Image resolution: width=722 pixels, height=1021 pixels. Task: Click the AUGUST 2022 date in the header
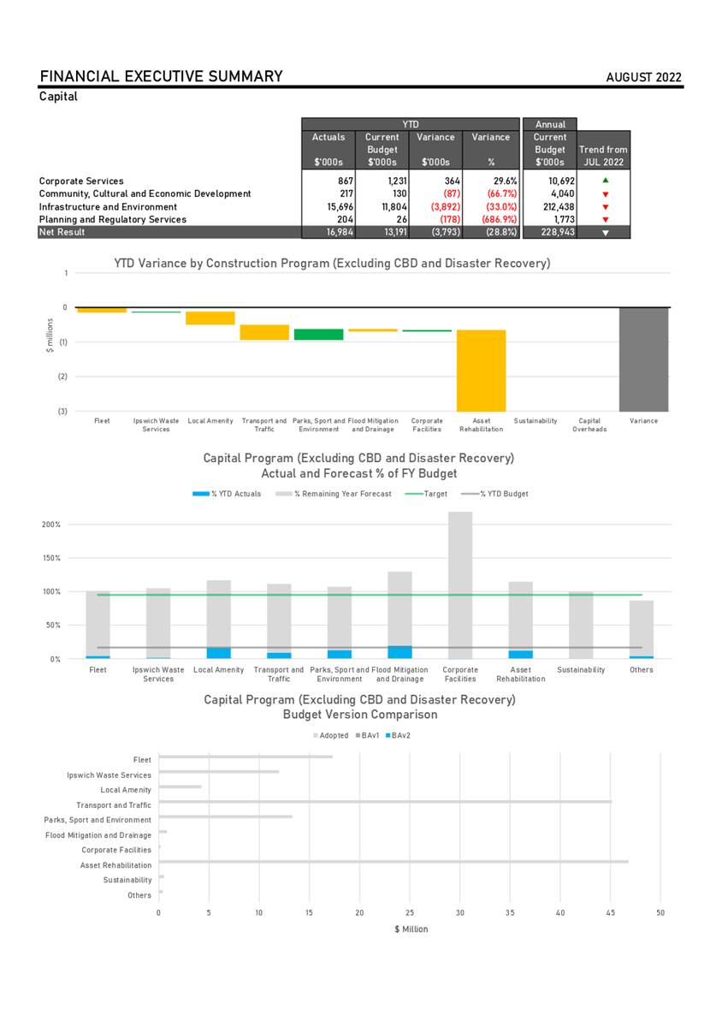tap(643, 78)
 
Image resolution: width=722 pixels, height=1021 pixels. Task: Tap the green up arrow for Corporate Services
tap(605, 181)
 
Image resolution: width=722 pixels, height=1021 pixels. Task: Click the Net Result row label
tap(62, 232)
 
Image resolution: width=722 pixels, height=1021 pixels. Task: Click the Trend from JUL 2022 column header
tap(604, 156)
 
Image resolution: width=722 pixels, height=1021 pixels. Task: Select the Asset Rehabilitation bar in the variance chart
tap(481, 370)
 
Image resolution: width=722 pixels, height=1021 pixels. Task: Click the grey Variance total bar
tap(643, 359)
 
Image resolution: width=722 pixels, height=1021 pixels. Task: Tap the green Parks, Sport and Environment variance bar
tap(318, 334)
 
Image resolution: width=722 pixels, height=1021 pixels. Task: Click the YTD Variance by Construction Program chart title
tap(332, 264)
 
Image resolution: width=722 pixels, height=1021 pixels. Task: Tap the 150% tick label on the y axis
tap(52, 558)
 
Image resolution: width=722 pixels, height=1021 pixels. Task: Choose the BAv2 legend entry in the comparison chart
tap(399, 736)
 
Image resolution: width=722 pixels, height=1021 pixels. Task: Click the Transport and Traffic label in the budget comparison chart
tap(113, 805)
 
